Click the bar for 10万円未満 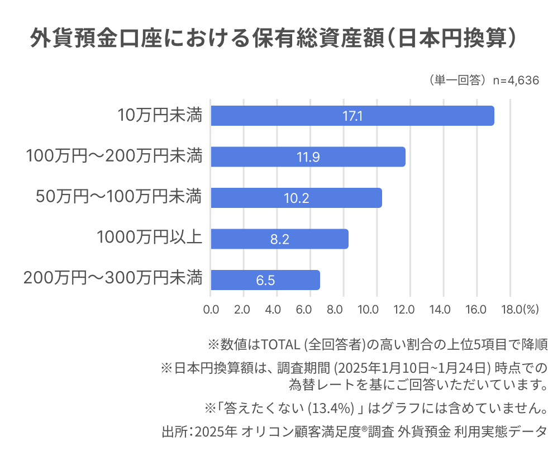(352, 116)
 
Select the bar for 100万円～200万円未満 (308, 157)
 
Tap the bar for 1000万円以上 (279, 239)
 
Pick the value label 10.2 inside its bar (297, 198)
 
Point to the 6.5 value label (265, 281)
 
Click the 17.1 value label (352, 116)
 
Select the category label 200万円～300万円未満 (113, 278)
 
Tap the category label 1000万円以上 (149, 238)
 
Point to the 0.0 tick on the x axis (211, 309)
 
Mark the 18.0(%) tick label (520, 309)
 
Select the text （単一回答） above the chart (458, 80)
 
